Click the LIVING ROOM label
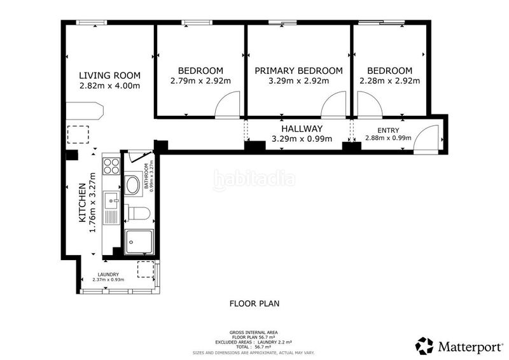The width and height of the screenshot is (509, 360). point(109,75)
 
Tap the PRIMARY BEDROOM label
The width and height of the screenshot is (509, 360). point(298,71)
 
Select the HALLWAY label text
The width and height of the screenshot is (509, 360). point(302,128)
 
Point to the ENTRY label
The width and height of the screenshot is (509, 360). point(388,130)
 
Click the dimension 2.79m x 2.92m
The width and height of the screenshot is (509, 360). point(200,81)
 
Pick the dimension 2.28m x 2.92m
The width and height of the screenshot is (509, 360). point(389,81)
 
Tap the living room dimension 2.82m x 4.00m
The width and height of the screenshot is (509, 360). point(109,86)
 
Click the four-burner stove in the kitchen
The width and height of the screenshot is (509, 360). point(111,166)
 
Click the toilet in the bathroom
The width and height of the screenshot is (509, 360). point(137,213)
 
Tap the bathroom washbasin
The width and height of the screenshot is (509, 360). point(132,185)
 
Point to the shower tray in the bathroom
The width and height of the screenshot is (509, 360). point(139,242)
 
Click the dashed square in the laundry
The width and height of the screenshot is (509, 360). point(146,269)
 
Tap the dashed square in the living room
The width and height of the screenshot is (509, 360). point(78,135)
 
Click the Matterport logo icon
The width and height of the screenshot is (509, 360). point(424,346)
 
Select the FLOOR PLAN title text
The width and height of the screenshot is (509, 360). point(254,303)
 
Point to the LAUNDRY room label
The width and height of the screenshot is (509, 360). point(108,274)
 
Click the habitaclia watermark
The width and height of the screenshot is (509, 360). point(254,179)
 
